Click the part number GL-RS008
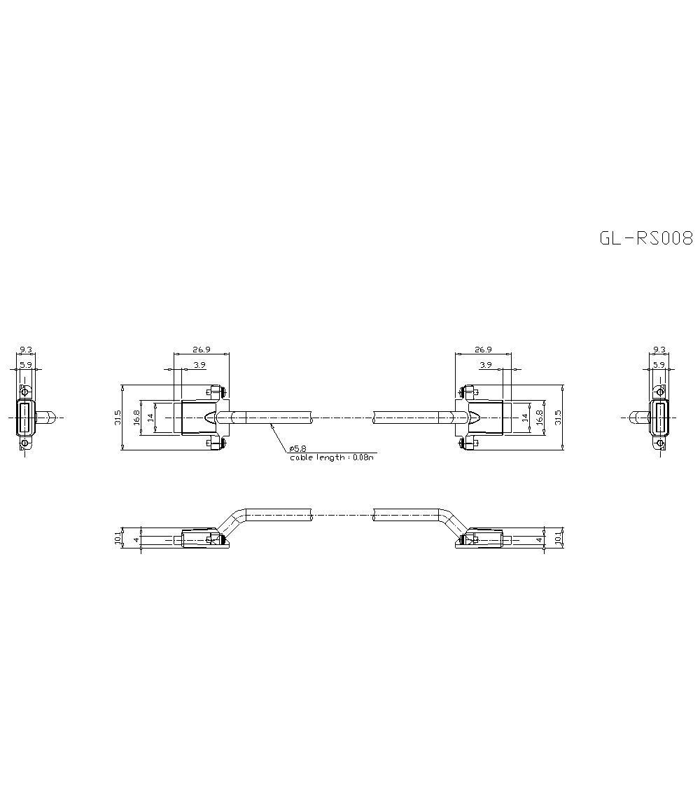click(645, 238)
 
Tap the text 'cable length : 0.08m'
click(332, 457)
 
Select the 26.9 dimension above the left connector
click(202, 349)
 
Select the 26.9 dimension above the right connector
click(482, 349)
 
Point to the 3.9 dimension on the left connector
click(199, 365)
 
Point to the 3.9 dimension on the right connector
click(486, 365)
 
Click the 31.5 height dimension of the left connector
click(118, 418)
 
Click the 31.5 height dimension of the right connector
click(558, 418)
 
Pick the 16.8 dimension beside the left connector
click(137, 418)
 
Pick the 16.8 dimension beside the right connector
click(539, 418)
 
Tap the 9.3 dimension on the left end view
click(25, 349)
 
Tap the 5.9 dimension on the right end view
click(659, 365)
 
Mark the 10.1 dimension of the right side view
click(558, 539)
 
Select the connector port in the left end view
click(25, 418)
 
